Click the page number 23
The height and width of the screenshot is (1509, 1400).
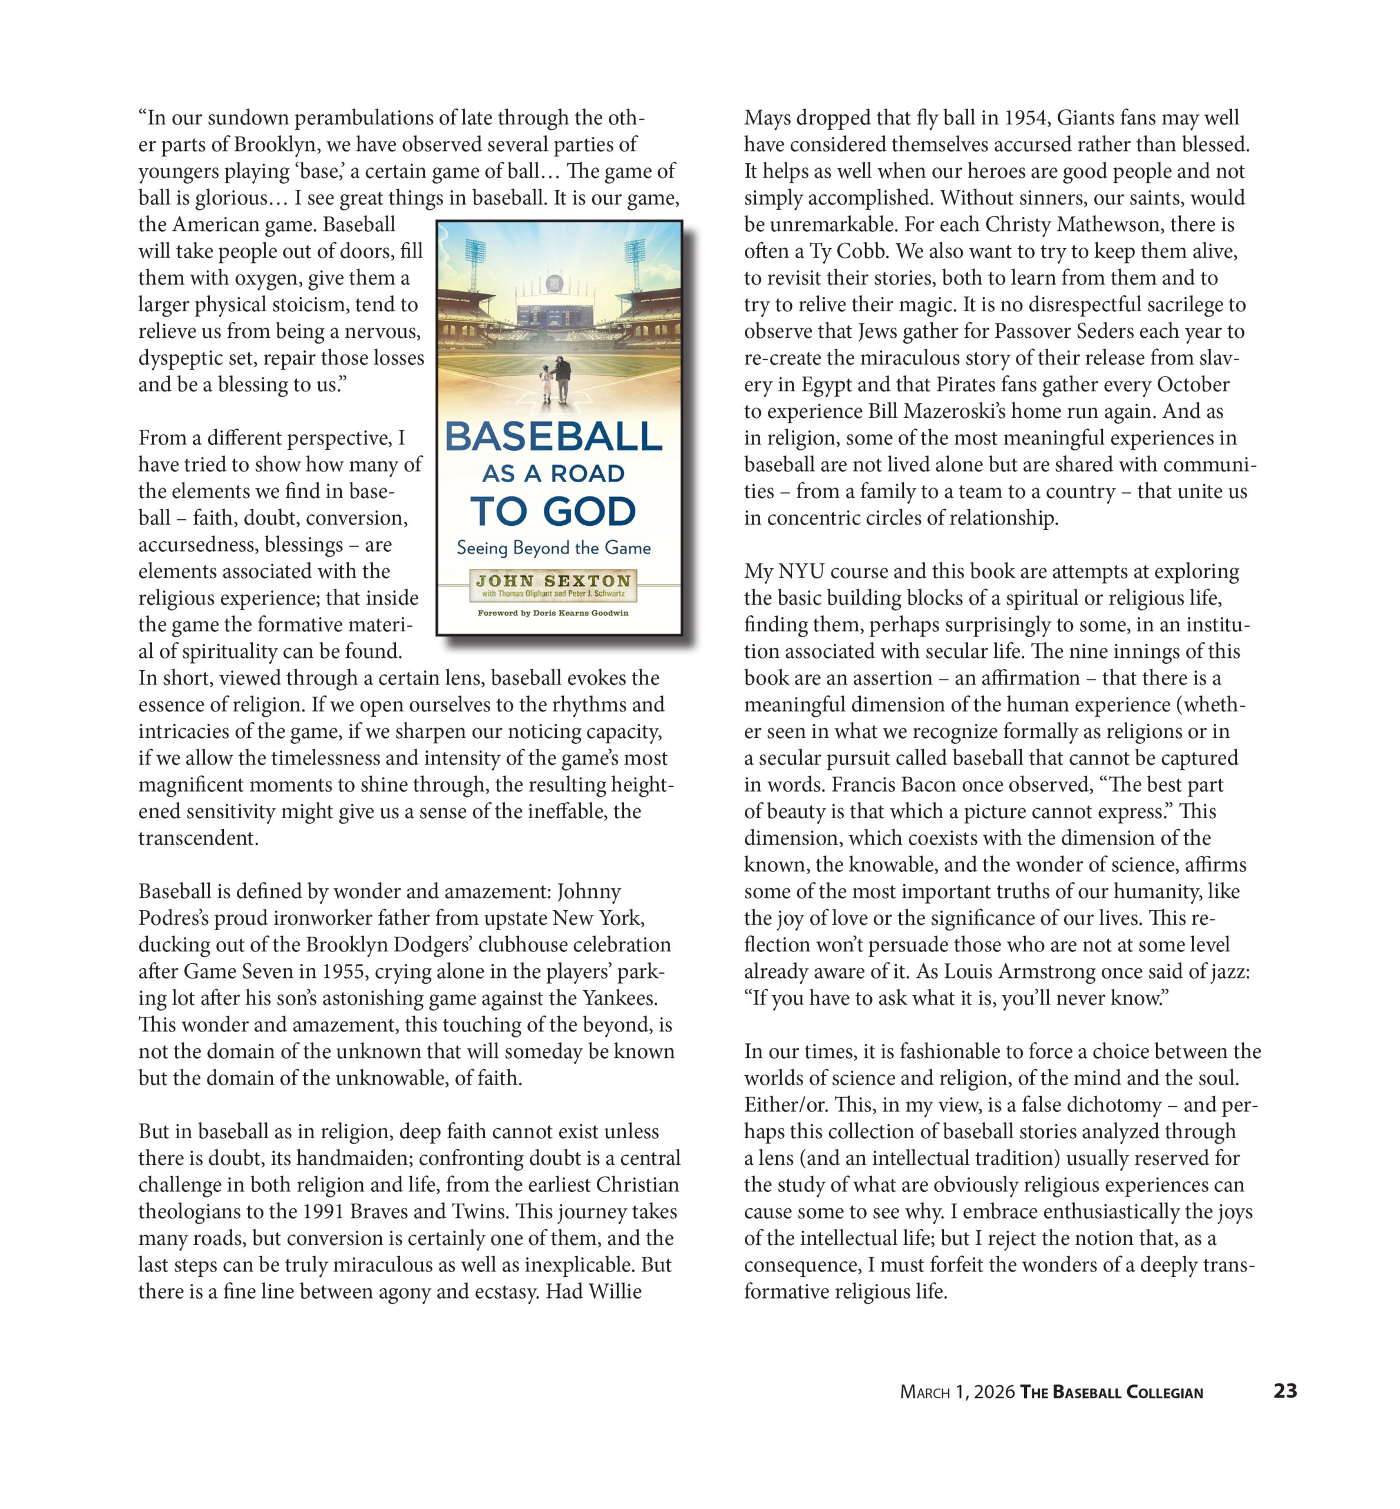1285,1391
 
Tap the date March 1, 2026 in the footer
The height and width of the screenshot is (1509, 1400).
957,1392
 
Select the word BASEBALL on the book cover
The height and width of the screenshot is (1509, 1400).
553,437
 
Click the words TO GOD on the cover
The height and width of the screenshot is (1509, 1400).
553,512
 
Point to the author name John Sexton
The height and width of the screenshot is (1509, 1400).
553,581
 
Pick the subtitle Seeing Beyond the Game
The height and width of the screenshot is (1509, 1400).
553,548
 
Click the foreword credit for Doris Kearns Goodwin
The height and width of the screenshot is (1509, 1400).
553,613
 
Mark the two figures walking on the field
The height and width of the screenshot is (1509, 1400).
554,379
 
